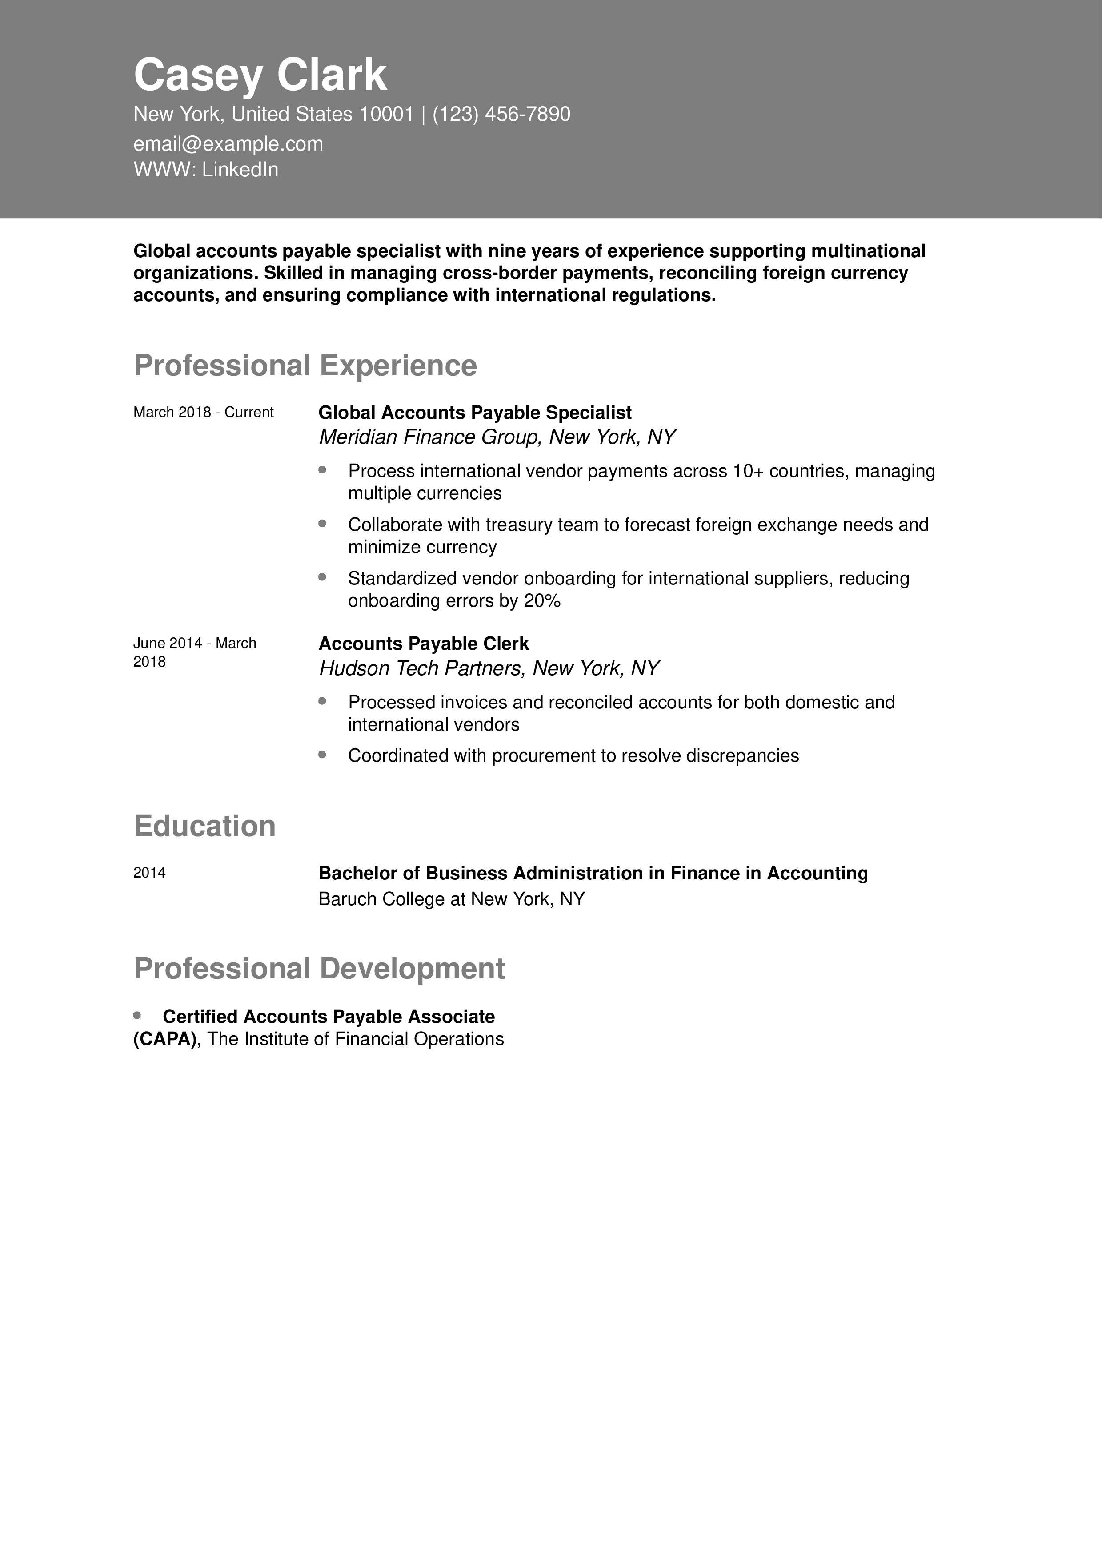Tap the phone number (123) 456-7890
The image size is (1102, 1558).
point(501,114)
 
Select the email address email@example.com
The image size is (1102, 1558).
point(228,144)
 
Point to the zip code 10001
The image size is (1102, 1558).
point(386,114)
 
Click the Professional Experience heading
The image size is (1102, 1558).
point(305,366)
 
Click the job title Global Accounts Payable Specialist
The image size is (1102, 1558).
point(475,413)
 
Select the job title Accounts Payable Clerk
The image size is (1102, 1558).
point(423,643)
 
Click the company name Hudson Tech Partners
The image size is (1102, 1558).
point(421,668)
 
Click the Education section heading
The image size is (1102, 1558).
point(204,826)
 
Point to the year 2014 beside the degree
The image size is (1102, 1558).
point(149,873)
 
